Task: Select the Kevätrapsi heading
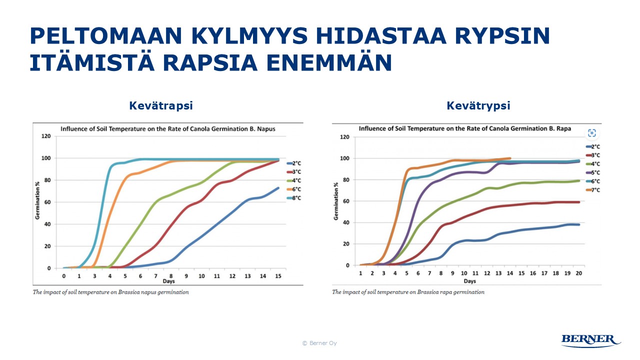tap(161, 106)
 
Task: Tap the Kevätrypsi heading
tap(478, 106)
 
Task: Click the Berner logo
tap(591, 340)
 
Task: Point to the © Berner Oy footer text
tap(319, 343)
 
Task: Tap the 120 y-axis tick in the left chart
tap(45, 136)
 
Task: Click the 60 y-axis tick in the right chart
tap(344, 201)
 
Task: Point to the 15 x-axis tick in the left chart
tap(278, 276)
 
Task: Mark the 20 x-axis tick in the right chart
tap(579, 273)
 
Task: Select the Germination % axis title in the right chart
tap(336, 200)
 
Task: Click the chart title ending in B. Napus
tap(168, 128)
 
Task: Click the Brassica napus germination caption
tap(111, 292)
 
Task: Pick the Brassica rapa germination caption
tap(408, 292)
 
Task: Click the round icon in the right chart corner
tap(592, 132)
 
